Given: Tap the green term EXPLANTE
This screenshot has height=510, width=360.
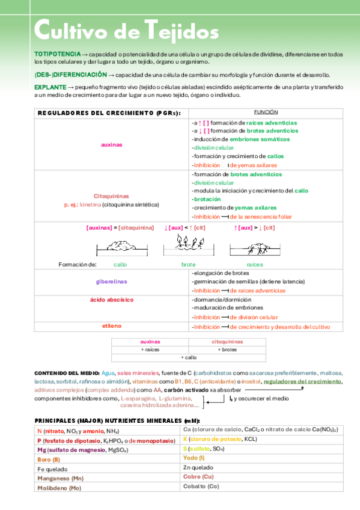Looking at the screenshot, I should pyautogui.click(x=50, y=87).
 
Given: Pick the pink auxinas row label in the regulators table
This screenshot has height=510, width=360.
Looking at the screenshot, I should pyautogui.click(x=112, y=144).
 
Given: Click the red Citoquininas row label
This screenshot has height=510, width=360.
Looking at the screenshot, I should pyautogui.click(x=112, y=196).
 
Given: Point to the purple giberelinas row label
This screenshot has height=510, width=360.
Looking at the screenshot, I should pyautogui.click(x=112, y=281).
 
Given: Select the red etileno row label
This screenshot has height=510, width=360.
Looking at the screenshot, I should pyautogui.click(x=112, y=326).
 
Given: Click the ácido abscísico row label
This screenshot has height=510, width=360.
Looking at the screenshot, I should pyautogui.click(x=112, y=299).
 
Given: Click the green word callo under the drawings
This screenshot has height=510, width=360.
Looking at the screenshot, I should pyautogui.click(x=120, y=264).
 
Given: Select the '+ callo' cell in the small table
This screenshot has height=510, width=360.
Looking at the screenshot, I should pyautogui.click(x=188, y=357).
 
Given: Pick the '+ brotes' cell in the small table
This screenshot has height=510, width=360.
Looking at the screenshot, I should pyautogui.click(x=227, y=349).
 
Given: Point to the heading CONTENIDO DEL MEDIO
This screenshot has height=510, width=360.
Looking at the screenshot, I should pyautogui.click(x=67, y=373).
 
